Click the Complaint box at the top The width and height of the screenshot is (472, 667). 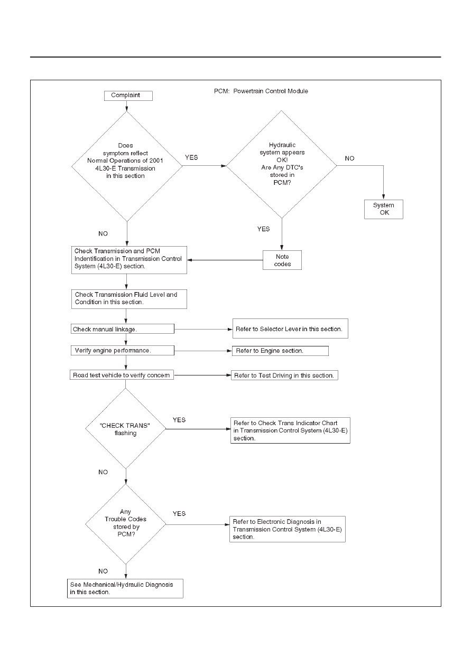pos(128,96)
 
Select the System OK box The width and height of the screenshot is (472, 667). pos(384,209)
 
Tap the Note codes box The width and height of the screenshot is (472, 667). pos(282,260)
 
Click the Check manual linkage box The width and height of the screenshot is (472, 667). pos(123,328)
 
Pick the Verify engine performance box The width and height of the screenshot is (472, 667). pos(123,351)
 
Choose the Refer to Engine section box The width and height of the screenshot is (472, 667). pos(281,351)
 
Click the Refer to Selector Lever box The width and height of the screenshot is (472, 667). pos(290,328)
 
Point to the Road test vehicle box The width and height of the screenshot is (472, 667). pos(122,375)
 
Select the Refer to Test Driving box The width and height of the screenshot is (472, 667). pos(284,375)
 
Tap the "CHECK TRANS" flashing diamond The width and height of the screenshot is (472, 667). pos(125,429)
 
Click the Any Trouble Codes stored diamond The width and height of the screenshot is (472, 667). pos(125,524)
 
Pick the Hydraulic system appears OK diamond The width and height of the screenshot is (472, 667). pos(282,164)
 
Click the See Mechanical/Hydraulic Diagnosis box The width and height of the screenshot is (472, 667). pos(125,588)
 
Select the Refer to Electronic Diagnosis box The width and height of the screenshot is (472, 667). pos(288,529)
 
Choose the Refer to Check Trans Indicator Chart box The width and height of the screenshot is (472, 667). pos(290,430)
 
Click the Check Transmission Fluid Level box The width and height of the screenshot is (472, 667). pos(129,299)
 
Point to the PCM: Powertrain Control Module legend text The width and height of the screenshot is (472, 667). pos(261,91)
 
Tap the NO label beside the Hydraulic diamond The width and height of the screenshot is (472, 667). pos(349,158)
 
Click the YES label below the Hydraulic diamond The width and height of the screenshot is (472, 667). pos(263,229)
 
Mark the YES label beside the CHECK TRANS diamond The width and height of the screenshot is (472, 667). pos(179,420)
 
